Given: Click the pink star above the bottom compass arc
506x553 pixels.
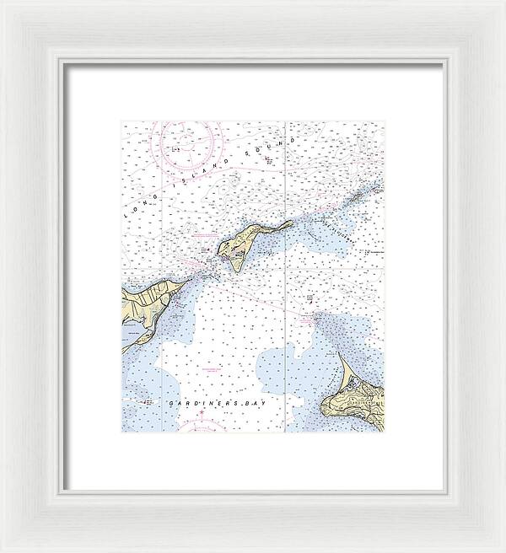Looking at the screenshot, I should pos(202,412).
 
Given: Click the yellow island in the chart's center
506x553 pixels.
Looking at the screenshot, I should pos(240,245).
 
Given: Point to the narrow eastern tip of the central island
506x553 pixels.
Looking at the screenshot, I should pos(291,223).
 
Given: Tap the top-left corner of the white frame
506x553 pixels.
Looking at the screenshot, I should pos(5,5).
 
